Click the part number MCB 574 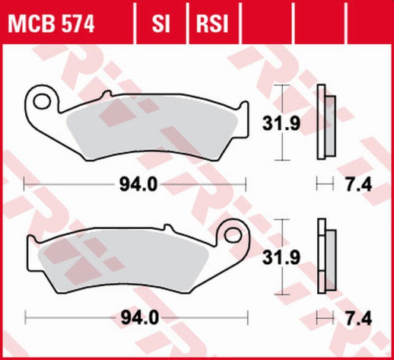[x=52, y=24]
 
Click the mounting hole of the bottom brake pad [x=229, y=232]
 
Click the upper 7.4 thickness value [x=354, y=183]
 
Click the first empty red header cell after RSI [x=264, y=24]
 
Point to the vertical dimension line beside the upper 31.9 [x=282, y=122]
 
